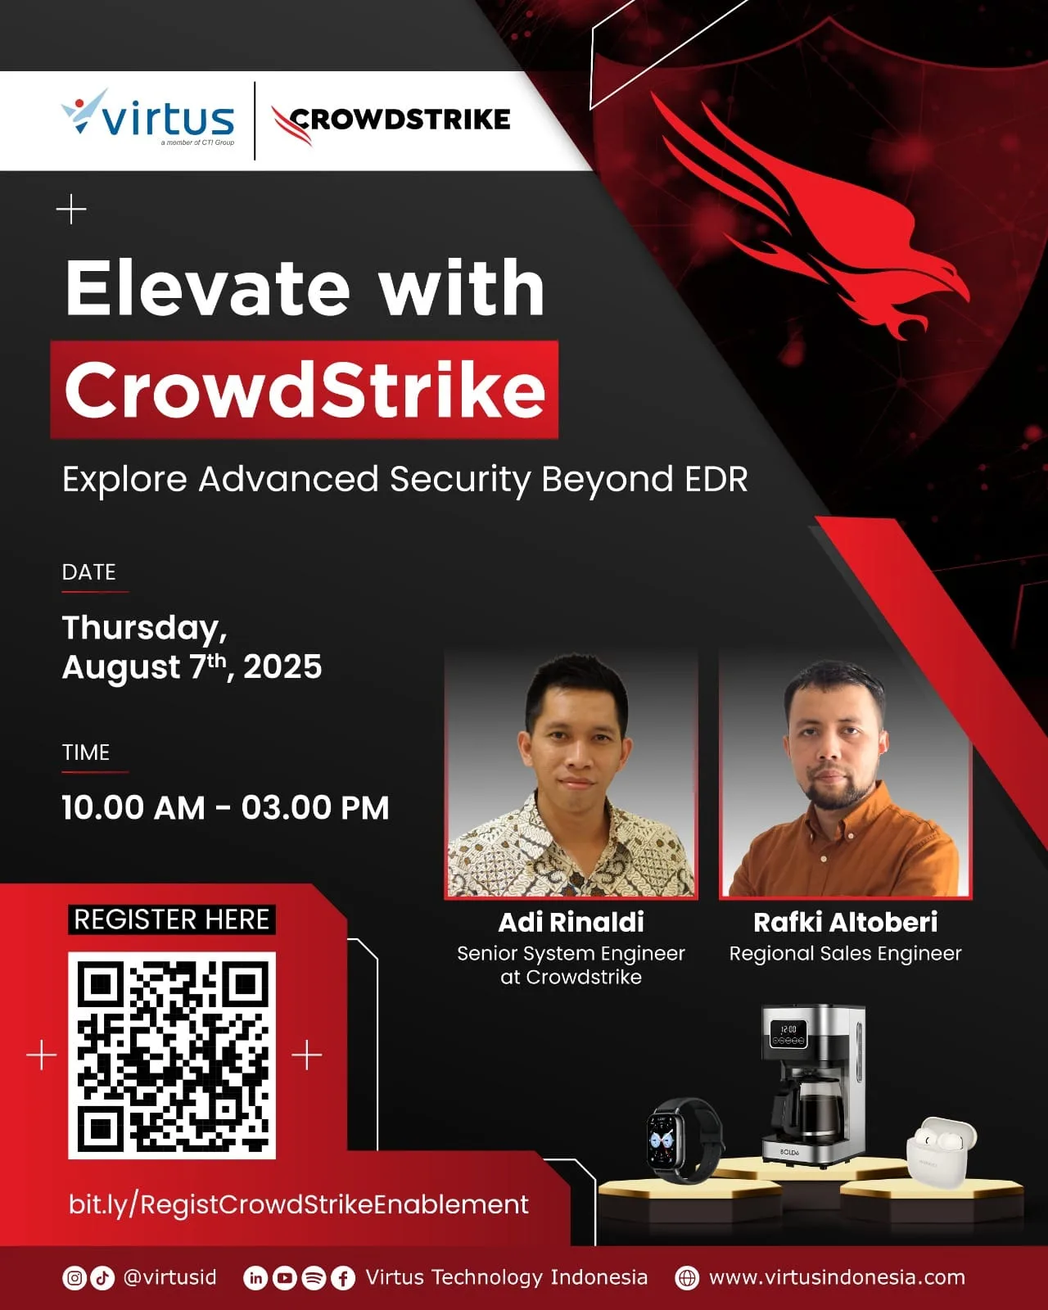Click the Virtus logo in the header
pyautogui.click(x=148, y=117)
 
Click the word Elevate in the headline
pyautogui.click(x=208, y=287)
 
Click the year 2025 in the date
pyautogui.click(x=282, y=667)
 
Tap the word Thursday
pyautogui.click(x=144, y=628)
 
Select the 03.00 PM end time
pyautogui.click(x=315, y=808)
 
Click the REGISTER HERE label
pyautogui.click(x=172, y=919)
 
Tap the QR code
pyautogui.click(x=172, y=1055)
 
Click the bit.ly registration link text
pyautogui.click(x=298, y=1204)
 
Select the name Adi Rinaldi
pyautogui.click(x=571, y=922)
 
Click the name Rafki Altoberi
pyautogui.click(x=845, y=922)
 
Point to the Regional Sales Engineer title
pyautogui.click(x=845, y=953)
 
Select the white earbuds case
pyautogui.click(x=941, y=1152)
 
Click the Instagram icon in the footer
pyautogui.click(x=75, y=1277)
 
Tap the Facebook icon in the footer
pyautogui.click(x=343, y=1278)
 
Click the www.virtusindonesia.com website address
pyautogui.click(x=837, y=1277)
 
